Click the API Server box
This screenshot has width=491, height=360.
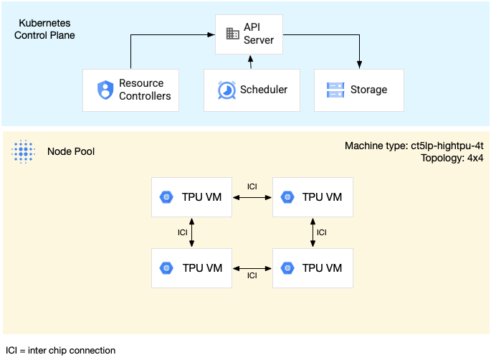click(250, 34)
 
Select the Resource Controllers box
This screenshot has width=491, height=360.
click(131, 90)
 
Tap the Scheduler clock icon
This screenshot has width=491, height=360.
click(226, 90)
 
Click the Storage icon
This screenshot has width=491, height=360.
click(335, 90)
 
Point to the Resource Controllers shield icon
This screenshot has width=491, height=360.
click(106, 90)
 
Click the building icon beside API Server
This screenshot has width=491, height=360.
click(232, 34)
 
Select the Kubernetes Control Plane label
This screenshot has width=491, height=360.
click(45, 29)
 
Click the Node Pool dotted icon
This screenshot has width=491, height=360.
click(24, 151)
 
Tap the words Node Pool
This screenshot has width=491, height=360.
click(71, 151)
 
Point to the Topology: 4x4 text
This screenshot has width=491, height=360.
click(452, 158)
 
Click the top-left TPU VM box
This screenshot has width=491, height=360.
click(191, 196)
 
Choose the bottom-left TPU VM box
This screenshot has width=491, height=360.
click(191, 267)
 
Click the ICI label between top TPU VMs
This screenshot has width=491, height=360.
click(252, 186)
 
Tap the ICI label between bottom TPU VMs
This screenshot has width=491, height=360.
click(252, 276)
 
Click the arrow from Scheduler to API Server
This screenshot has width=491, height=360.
click(250, 62)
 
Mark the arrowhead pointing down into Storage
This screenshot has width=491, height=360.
click(360, 65)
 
